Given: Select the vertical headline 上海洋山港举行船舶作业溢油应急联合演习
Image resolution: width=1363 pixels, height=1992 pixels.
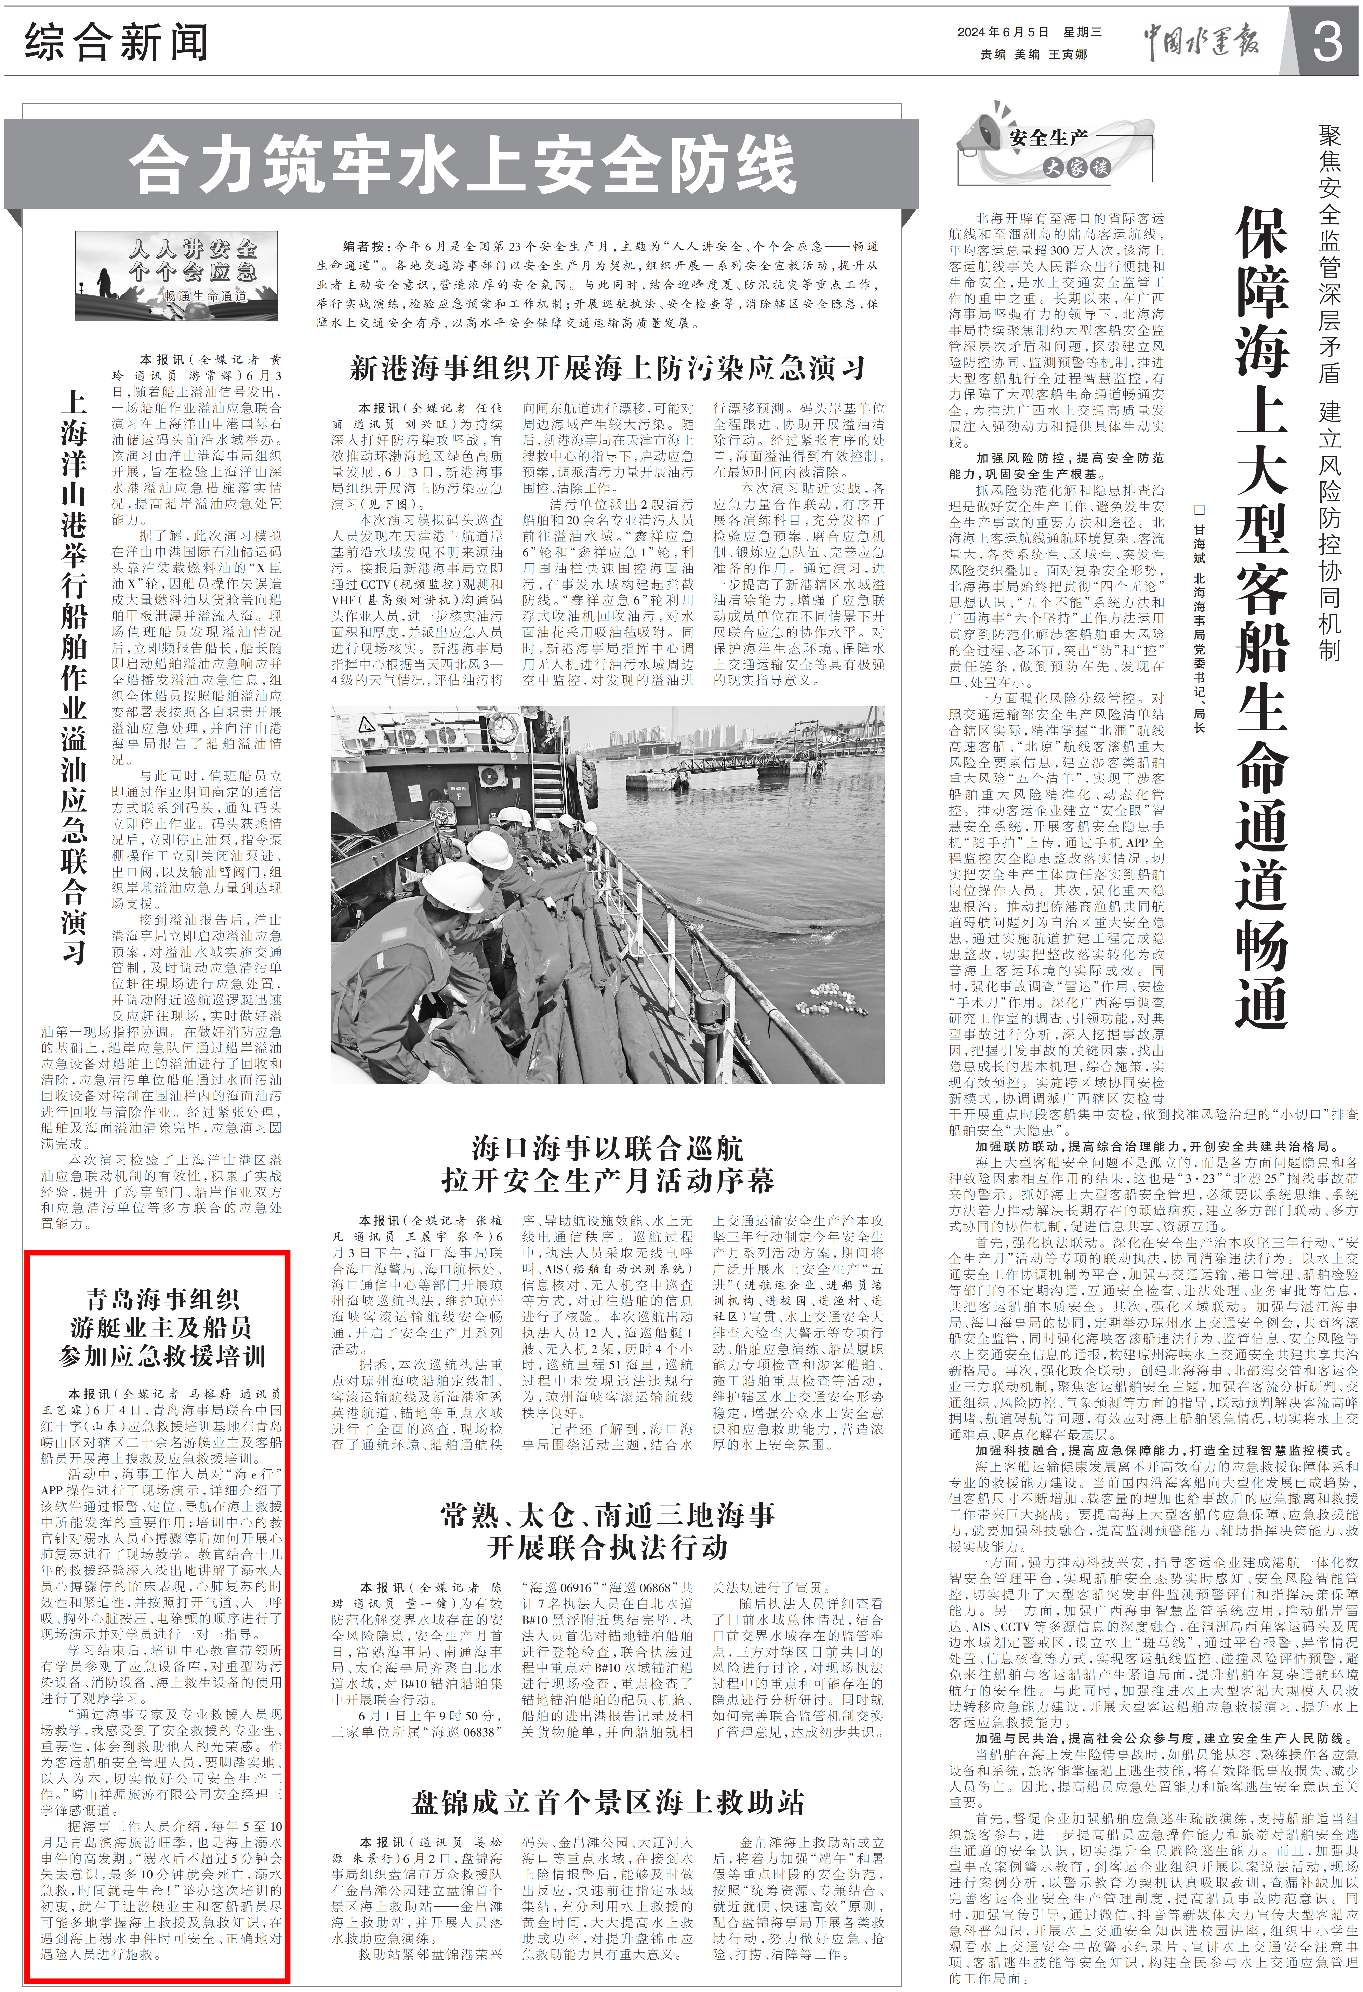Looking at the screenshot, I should tap(75, 677).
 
